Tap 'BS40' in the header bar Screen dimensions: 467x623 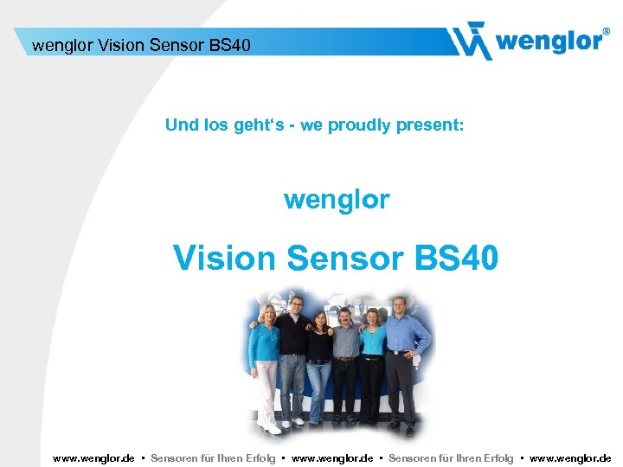[x=229, y=44]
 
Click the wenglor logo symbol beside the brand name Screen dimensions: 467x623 [x=471, y=40]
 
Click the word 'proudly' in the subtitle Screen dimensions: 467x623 [x=356, y=125]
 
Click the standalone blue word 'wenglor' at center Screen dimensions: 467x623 [x=337, y=200]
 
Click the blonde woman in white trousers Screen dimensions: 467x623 [x=266, y=363]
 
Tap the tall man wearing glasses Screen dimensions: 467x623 [x=293, y=355]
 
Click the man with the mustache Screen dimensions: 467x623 [x=346, y=363]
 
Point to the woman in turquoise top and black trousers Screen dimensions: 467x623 [x=373, y=363]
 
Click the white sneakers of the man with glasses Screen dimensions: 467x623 [x=292, y=423]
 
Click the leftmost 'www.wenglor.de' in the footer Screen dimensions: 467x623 [x=93, y=458]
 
